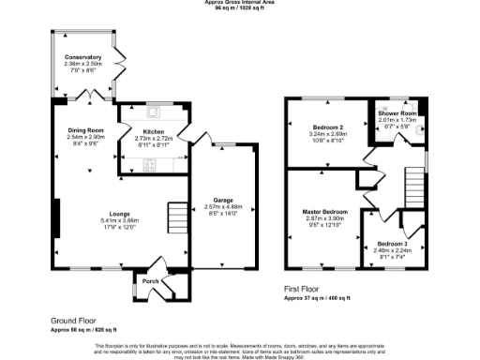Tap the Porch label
pos(149,280)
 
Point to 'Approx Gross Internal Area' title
pos(240,3)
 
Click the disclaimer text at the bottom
pos(240,350)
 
